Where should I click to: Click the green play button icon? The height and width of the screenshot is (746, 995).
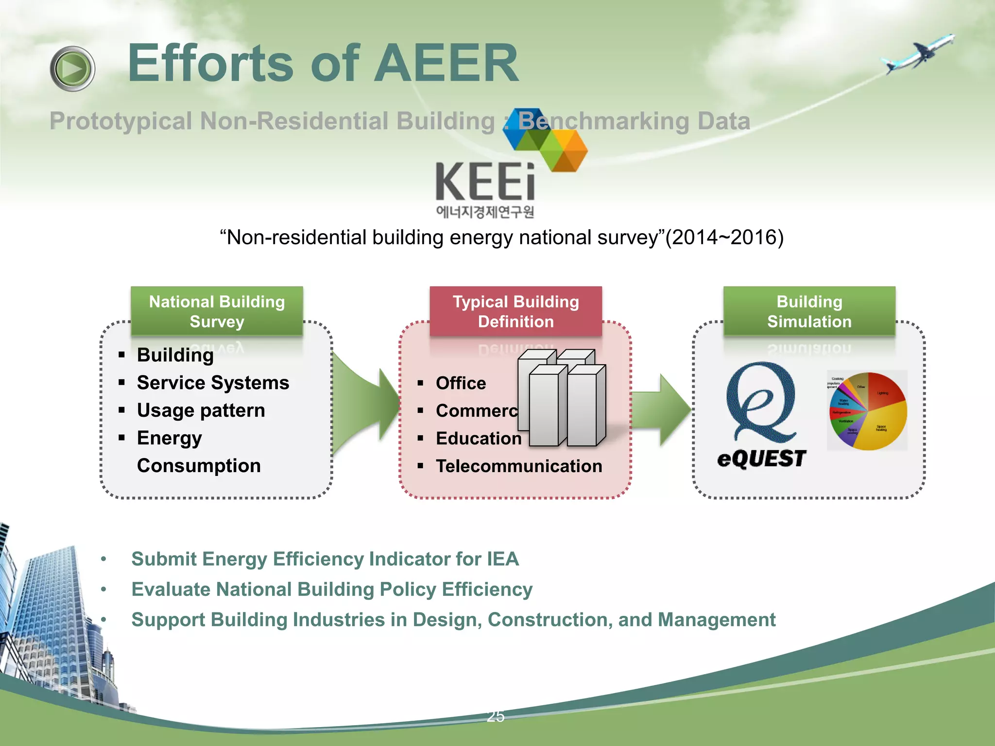coord(72,68)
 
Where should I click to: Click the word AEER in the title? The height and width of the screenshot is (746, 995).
coord(446,63)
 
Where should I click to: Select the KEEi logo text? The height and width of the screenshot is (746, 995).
coord(485,182)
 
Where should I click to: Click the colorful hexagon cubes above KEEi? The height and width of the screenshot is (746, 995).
coord(545,139)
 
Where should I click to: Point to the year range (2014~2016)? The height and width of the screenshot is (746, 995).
coord(724,237)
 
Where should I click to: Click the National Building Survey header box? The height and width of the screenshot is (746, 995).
coord(217,311)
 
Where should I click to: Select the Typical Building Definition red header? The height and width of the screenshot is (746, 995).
coord(515,311)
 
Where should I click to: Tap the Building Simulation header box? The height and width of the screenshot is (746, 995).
coord(809,311)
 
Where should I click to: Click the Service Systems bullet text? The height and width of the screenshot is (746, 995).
coord(213,383)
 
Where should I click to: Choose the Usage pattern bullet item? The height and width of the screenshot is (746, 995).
coord(201,410)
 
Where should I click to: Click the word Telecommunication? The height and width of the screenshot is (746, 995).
coord(519,466)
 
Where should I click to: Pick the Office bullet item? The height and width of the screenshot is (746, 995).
coord(461,383)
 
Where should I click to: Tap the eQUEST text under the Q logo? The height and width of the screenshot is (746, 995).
coord(761,458)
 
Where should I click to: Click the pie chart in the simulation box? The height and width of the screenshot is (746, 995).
coord(868,411)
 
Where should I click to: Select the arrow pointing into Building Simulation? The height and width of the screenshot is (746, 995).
coord(662,410)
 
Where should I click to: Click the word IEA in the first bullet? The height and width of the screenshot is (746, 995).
coord(503,559)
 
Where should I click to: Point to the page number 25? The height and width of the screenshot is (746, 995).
coord(496,716)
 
